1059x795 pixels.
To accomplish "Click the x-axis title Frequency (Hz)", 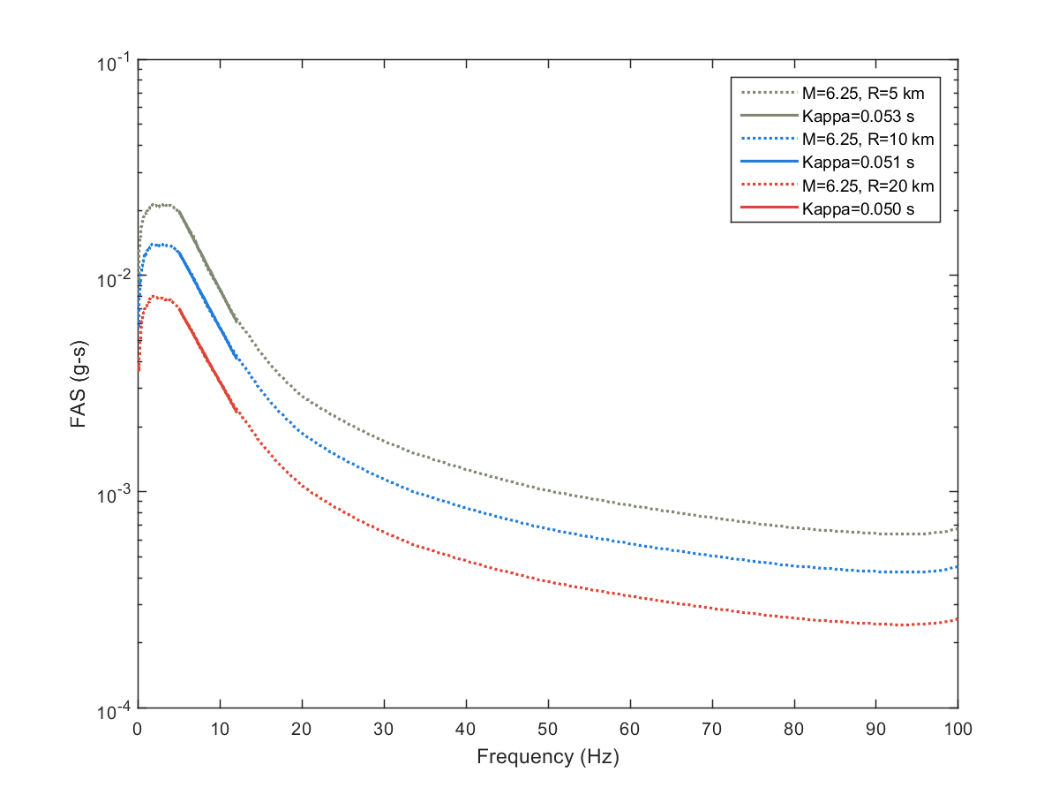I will [x=547, y=757].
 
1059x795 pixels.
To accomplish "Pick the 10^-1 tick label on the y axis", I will [x=113, y=62].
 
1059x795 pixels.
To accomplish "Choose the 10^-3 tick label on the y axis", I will [x=113, y=492].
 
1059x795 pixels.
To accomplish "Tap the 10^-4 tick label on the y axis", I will [x=113, y=708].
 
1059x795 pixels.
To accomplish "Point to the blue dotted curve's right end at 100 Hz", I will [x=957, y=567].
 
